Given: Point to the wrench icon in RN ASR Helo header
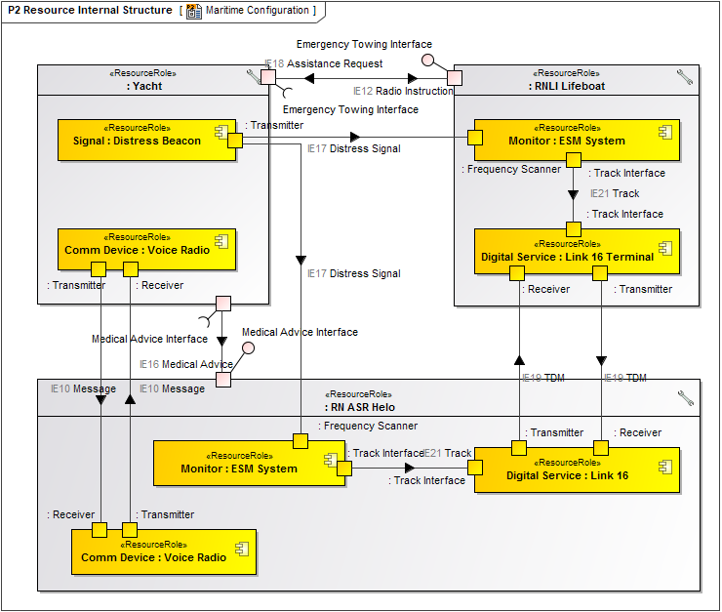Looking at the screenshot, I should [685, 397].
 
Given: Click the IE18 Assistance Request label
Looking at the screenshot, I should [322, 63].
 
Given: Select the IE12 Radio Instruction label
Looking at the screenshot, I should [403, 91].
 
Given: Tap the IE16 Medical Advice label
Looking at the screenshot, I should [185, 364].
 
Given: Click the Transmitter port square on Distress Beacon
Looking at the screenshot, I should [235, 141].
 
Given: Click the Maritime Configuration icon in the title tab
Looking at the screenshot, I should [194, 11].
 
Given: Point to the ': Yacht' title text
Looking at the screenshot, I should [144, 86].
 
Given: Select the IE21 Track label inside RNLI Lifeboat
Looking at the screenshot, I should [615, 193].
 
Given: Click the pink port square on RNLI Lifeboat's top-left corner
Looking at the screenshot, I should [455, 77].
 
